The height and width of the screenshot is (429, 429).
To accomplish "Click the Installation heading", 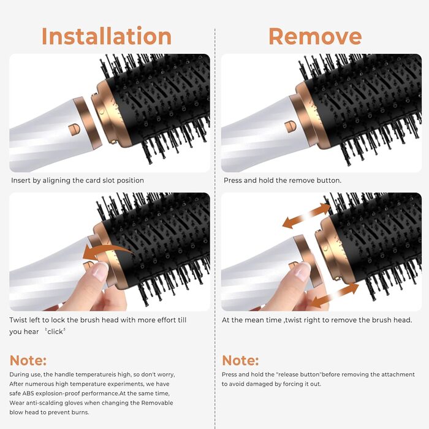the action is pos(107,36).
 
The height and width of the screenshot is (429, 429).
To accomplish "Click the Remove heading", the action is pos(315,36).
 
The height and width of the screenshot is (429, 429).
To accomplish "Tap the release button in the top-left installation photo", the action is pos(74,129).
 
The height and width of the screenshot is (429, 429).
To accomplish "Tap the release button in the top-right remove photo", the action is pos(290,127).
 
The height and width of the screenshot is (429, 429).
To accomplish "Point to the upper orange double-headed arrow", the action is pos(306,216).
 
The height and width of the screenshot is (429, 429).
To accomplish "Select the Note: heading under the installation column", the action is pos(28,360).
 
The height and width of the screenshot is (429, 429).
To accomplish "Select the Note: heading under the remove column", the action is pos(240,360).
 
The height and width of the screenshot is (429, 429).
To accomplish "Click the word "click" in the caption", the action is pos(55,332).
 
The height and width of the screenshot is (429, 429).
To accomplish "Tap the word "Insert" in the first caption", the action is pos(20,180).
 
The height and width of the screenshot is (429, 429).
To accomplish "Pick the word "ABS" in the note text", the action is pos(28,393).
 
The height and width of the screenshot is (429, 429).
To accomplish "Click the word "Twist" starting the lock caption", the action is pos(18,320).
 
